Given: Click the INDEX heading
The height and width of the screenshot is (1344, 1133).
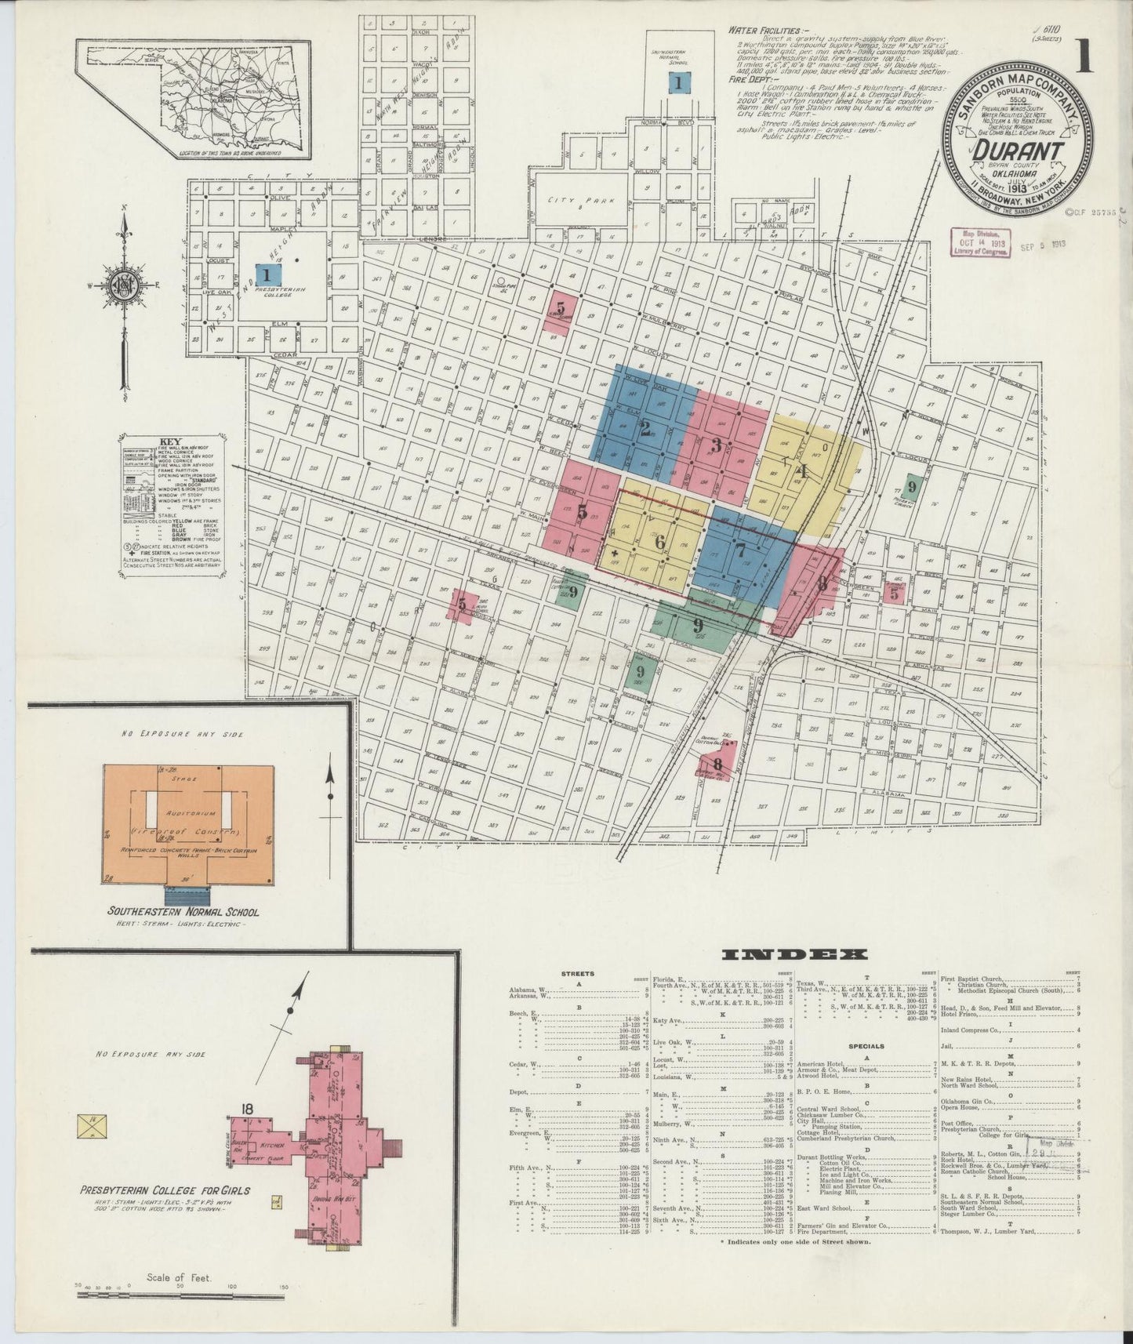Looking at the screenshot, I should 794,955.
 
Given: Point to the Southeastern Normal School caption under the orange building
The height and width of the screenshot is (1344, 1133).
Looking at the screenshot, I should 184,912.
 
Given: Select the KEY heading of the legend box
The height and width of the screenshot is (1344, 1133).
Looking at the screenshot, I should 169,441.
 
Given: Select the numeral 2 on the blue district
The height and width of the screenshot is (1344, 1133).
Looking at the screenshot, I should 645,428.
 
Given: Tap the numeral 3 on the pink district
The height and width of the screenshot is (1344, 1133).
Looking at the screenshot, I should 716,445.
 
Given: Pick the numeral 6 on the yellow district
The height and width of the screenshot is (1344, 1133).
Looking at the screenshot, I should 659,542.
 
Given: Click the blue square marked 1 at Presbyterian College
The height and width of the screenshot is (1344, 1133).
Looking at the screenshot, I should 267,274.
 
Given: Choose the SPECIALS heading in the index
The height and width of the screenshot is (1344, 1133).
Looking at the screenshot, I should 864,1045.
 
